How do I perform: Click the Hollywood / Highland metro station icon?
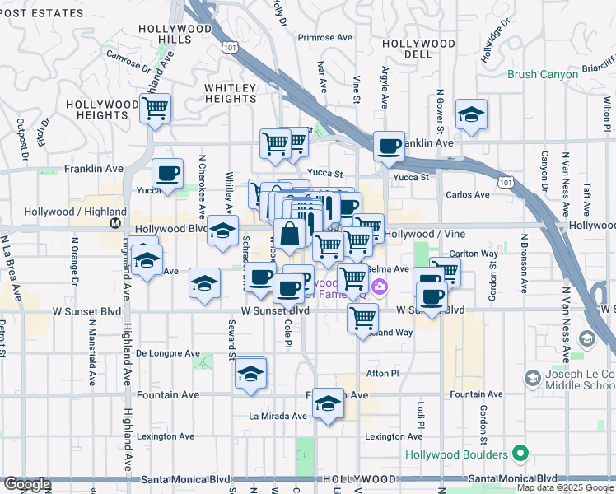pos(114,222)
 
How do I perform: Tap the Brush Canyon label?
pos(542,74)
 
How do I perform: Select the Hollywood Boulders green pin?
pos(520,454)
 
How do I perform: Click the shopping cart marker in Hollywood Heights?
pos(155,108)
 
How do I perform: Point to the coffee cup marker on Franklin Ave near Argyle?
pos(389,147)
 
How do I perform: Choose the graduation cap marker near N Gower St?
pos(471,114)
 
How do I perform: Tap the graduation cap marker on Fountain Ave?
pos(329,403)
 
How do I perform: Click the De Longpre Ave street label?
pos(168,353)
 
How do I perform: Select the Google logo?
pos(26,483)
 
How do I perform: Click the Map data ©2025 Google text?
pos(565,487)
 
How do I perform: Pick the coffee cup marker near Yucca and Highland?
pos(167,174)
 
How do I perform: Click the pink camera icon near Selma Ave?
pos(380,287)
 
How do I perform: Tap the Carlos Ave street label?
pos(467,195)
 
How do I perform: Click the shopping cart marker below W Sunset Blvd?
pos(362,317)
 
